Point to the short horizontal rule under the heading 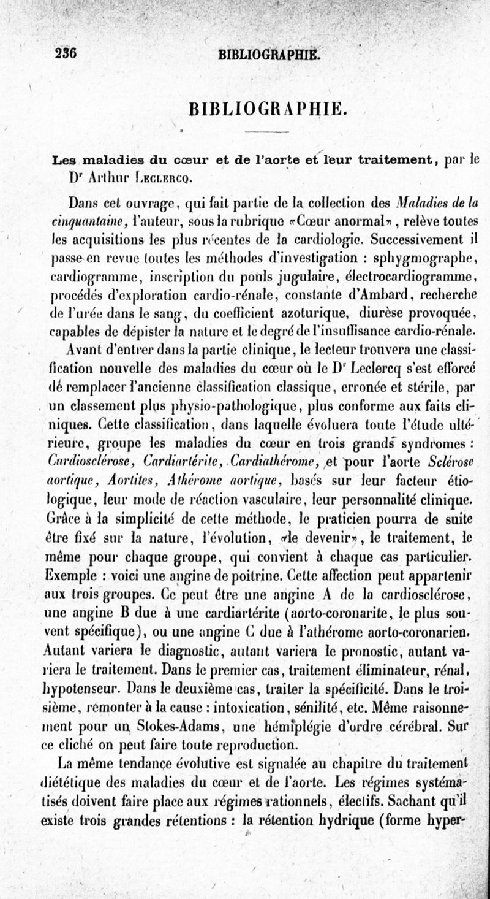(262, 132)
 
